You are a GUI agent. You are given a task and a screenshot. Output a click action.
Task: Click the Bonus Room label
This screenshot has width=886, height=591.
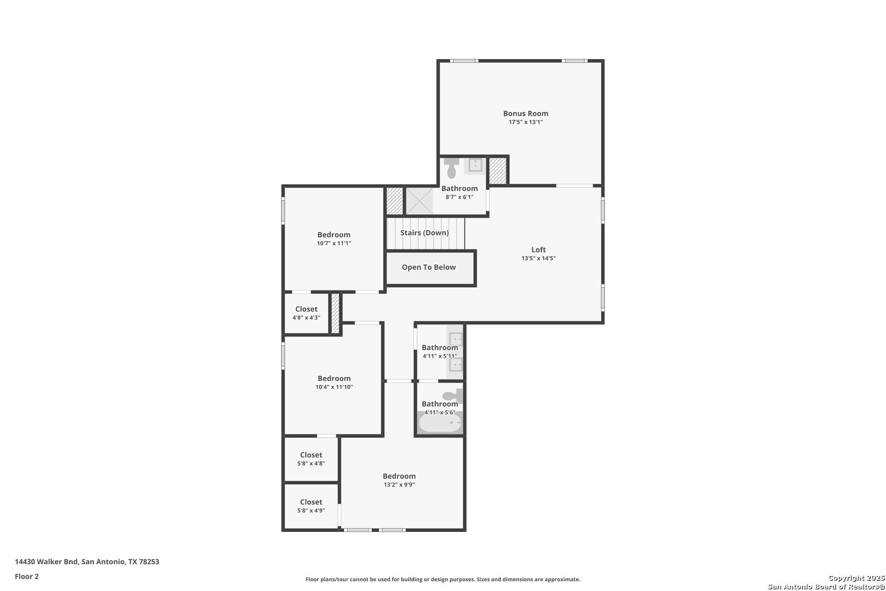525,113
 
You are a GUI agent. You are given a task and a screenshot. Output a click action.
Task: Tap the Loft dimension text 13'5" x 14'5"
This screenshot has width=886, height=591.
538,258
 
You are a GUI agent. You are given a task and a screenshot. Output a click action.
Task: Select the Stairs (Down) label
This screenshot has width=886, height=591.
424,233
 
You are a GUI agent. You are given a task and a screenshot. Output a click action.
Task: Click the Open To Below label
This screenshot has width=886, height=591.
429,267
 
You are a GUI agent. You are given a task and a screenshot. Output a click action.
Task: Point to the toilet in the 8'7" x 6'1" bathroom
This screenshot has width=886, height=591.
451,168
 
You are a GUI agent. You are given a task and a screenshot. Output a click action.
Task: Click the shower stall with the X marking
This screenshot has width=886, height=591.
419,201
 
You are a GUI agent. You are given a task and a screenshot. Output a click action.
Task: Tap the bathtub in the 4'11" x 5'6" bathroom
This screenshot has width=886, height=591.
440,423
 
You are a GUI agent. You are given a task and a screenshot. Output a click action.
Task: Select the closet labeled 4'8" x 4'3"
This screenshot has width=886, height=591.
306,312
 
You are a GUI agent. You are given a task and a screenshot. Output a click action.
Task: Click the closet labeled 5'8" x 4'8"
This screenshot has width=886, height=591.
311,459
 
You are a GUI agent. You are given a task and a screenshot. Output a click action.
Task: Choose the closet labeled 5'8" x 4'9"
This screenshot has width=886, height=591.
311,506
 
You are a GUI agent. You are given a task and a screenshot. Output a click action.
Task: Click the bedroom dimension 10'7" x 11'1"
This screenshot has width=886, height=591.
334,243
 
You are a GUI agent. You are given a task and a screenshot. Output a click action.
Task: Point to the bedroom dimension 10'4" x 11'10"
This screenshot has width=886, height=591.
334,387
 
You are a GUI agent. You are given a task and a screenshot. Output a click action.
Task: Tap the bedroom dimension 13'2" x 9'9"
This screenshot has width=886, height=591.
399,484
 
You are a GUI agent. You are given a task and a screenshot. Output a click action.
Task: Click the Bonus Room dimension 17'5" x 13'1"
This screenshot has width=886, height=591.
525,122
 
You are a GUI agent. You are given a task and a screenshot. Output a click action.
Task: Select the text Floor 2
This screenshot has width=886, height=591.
27,576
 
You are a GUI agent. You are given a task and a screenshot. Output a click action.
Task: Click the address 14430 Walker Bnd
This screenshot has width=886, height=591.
46,561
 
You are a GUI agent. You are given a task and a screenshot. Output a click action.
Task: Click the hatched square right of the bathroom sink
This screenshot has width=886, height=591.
498,171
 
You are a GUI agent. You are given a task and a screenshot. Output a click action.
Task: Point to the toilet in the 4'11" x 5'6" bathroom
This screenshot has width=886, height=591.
453,396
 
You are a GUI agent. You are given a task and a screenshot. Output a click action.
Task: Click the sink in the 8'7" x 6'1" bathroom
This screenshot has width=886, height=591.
475,165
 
